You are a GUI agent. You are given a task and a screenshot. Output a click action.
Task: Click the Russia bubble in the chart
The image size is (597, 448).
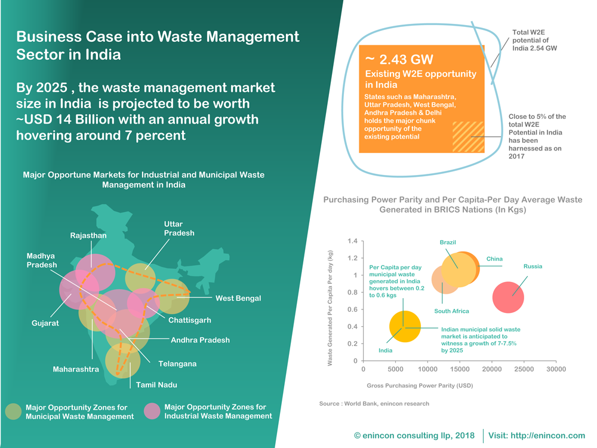508,297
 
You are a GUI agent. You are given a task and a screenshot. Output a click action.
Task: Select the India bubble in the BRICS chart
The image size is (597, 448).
405,327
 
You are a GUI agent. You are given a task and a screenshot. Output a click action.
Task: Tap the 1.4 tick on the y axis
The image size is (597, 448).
352,241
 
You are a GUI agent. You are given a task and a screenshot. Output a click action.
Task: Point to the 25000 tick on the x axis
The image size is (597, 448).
524,369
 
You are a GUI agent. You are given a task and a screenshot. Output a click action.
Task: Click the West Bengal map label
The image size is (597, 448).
238,298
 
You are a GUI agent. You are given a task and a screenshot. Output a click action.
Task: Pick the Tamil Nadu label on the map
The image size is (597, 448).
156,385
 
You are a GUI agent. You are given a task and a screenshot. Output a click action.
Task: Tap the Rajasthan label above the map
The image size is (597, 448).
88,235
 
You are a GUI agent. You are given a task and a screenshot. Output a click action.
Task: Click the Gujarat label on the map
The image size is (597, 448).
45,323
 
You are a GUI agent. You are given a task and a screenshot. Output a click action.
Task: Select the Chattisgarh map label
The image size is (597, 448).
190,320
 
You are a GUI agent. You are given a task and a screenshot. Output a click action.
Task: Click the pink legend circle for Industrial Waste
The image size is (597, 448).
152,411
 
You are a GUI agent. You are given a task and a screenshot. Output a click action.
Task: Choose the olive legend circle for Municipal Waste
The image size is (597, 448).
13,412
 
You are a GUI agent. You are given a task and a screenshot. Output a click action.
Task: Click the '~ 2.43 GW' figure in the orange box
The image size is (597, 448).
399,59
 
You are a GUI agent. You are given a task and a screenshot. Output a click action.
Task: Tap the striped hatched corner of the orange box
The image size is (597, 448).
468,137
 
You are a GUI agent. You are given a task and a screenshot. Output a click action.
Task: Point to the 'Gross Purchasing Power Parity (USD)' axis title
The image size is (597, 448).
420,385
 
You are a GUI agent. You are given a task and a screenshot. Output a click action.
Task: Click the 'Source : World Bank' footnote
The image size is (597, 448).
374,403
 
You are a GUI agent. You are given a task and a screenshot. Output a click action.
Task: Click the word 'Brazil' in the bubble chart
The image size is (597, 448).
448,243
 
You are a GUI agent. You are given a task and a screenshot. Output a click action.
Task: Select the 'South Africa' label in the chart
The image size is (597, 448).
451,311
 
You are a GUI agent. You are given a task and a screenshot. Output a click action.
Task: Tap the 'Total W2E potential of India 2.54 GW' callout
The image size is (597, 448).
534,41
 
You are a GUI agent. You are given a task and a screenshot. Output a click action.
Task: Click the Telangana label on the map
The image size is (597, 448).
177,364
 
